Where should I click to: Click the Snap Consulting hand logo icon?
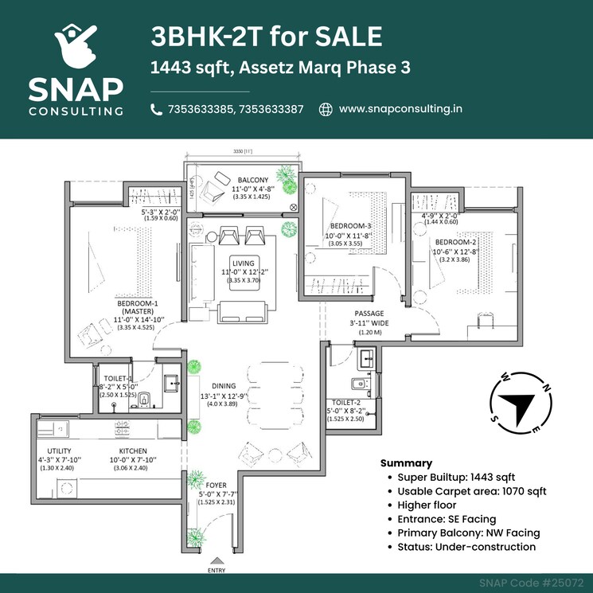[76, 46]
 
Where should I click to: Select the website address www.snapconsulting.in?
[400, 109]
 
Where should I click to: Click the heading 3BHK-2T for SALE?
[266, 37]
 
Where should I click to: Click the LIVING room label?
[243, 263]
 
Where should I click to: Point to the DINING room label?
[223, 386]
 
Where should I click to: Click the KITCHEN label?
[133, 451]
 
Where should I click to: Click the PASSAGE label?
[369, 314]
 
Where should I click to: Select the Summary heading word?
[406, 462]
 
